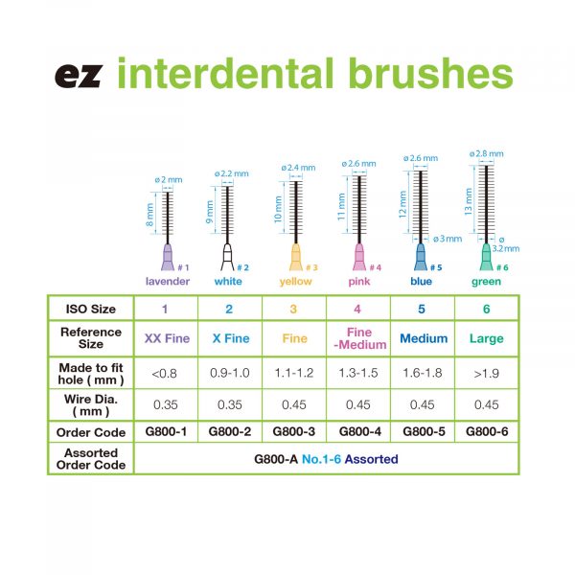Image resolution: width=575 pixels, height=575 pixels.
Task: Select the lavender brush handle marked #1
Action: point(168,259)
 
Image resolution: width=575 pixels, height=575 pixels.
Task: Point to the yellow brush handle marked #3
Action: point(294,258)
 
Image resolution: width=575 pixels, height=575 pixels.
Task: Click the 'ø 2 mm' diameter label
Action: point(168,179)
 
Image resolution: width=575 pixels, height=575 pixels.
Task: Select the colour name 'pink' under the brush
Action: point(358,282)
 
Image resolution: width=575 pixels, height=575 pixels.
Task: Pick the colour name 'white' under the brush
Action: point(228,282)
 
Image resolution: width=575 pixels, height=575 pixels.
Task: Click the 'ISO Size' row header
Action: point(92,309)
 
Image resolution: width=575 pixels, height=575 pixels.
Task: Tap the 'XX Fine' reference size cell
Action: point(166,338)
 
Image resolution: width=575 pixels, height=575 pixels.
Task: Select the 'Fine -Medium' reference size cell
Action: point(358,338)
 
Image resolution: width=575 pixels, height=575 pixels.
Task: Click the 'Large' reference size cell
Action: point(487,338)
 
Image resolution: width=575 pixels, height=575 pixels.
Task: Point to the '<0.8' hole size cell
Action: point(166,371)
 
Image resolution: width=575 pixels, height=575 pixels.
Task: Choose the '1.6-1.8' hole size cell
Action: point(423,371)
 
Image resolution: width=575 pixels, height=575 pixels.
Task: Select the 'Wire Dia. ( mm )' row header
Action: point(92,403)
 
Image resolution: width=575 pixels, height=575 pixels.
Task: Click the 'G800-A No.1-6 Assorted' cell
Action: point(326,459)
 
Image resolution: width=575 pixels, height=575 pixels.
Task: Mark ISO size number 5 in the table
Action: point(423,309)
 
